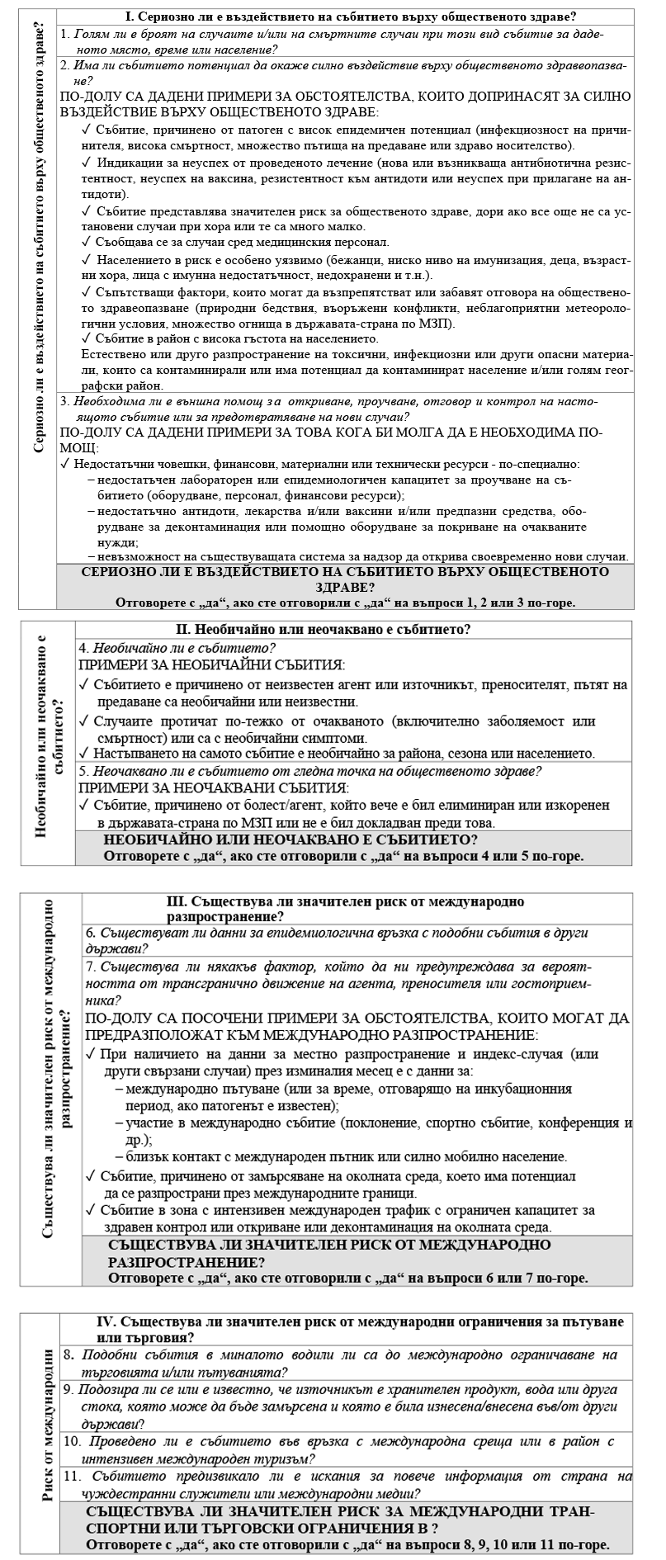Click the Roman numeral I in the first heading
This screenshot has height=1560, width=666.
coord(128,17)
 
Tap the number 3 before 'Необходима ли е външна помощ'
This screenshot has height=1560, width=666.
coord(65,401)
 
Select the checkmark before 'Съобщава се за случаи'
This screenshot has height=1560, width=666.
coord(87,242)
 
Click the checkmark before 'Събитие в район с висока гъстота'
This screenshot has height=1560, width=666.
coord(87,338)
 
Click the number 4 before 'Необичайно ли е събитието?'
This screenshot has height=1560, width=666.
coord(83,647)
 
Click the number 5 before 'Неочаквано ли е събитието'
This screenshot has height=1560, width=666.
coord(83,770)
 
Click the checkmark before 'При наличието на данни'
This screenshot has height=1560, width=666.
coord(91,1054)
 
